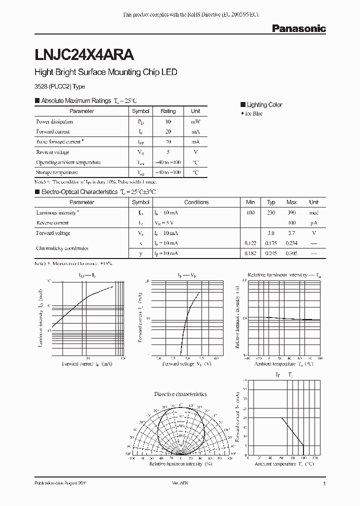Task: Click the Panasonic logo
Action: tap(298, 28)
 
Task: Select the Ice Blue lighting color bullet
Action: tap(251, 114)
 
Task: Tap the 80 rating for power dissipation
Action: tap(168, 121)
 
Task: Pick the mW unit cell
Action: tap(195, 121)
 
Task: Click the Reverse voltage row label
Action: tap(52, 152)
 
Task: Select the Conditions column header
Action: tap(196, 202)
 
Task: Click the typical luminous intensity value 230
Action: tap(271, 212)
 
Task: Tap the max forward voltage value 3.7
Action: tap(291, 233)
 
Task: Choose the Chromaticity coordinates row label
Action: tap(62, 248)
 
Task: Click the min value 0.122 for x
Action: tap(250, 243)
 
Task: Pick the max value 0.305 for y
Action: tap(291, 253)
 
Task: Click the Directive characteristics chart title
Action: tap(180, 394)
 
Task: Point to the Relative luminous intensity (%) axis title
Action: tap(180, 464)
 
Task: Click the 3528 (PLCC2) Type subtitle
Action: tap(59, 86)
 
